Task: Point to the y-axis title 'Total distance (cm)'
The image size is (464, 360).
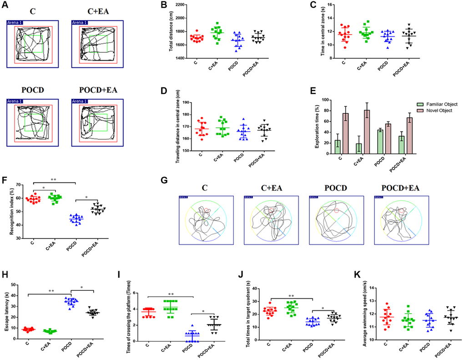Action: pos(171,32)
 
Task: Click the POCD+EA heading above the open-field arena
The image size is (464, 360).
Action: pos(97,90)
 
